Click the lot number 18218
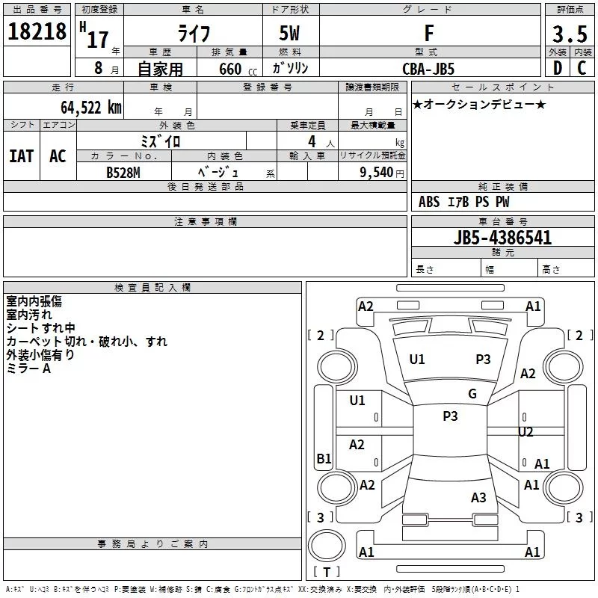click(x=37, y=31)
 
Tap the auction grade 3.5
click(x=570, y=34)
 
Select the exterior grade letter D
click(x=558, y=68)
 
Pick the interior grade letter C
click(x=582, y=68)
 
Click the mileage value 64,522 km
click(x=91, y=108)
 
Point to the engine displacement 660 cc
click(x=238, y=69)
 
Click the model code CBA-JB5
click(x=428, y=69)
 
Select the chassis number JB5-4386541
click(x=502, y=238)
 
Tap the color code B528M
click(x=123, y=173)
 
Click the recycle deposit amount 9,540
click(x=377, y=173)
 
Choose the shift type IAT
click(x=22, y=156)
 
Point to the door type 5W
click(x=289, y=33)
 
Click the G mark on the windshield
click(x=472, y=394)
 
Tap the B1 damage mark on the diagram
click(x=324, y=458)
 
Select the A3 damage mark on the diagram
click(x=478, y=497)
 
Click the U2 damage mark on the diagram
click(x=525, y=432)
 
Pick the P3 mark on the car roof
click(x=450, y=416)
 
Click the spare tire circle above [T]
click(x=327, y=546)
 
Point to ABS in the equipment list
click(x=429, y=202)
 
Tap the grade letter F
click(x=429, y=33)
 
